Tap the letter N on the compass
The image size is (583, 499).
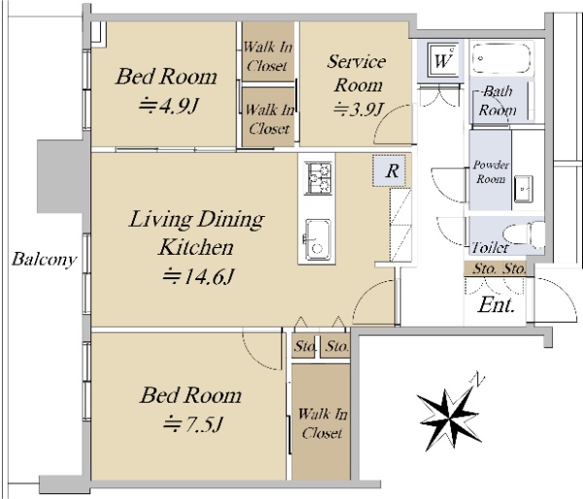pos(478,379)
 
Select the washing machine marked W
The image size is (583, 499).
pos(442,59)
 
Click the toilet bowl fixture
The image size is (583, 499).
pos(525,234)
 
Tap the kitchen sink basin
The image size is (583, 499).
pos(317,239)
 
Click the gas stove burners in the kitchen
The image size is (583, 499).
pos(319,178)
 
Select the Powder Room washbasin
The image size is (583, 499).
pos(524,189)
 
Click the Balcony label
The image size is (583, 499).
pos(44,259)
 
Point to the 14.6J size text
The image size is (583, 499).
pos(198,276)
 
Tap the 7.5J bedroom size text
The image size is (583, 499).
pos(192,423)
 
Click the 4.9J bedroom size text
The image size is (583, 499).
pos(168,106)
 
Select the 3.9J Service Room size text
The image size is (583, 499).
pos(359,109)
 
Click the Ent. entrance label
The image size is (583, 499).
pos(496,305)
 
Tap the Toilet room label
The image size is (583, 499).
pos(490,247)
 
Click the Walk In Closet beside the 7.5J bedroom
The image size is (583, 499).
pos(322,423)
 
